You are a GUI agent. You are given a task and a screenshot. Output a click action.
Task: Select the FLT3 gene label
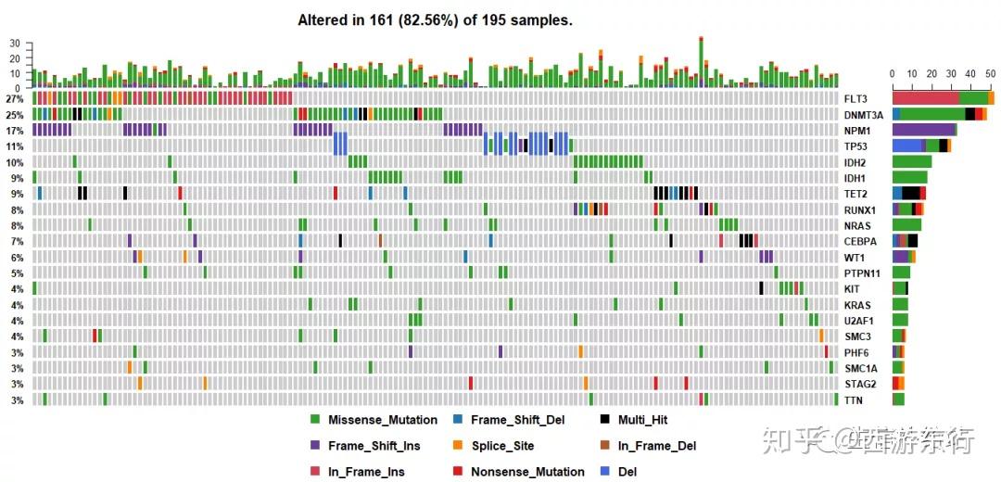(856, 98)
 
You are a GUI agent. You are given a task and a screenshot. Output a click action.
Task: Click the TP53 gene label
(856, 146)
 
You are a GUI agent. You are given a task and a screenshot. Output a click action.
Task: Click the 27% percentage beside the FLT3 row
(14, 98)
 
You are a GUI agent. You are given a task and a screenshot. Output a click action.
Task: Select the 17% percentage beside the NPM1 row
(14, 130)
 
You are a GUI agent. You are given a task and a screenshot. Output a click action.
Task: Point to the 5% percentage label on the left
(17, 273)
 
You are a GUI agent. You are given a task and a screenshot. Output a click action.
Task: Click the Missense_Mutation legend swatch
(315, 420)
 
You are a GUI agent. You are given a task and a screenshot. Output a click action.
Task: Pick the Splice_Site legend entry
(501, 446)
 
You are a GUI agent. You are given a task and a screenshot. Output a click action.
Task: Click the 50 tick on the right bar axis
(991, 73)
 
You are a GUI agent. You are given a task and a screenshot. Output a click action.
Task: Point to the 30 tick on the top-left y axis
(14, 44)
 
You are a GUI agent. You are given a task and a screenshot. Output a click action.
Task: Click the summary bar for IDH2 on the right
(912, 161)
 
